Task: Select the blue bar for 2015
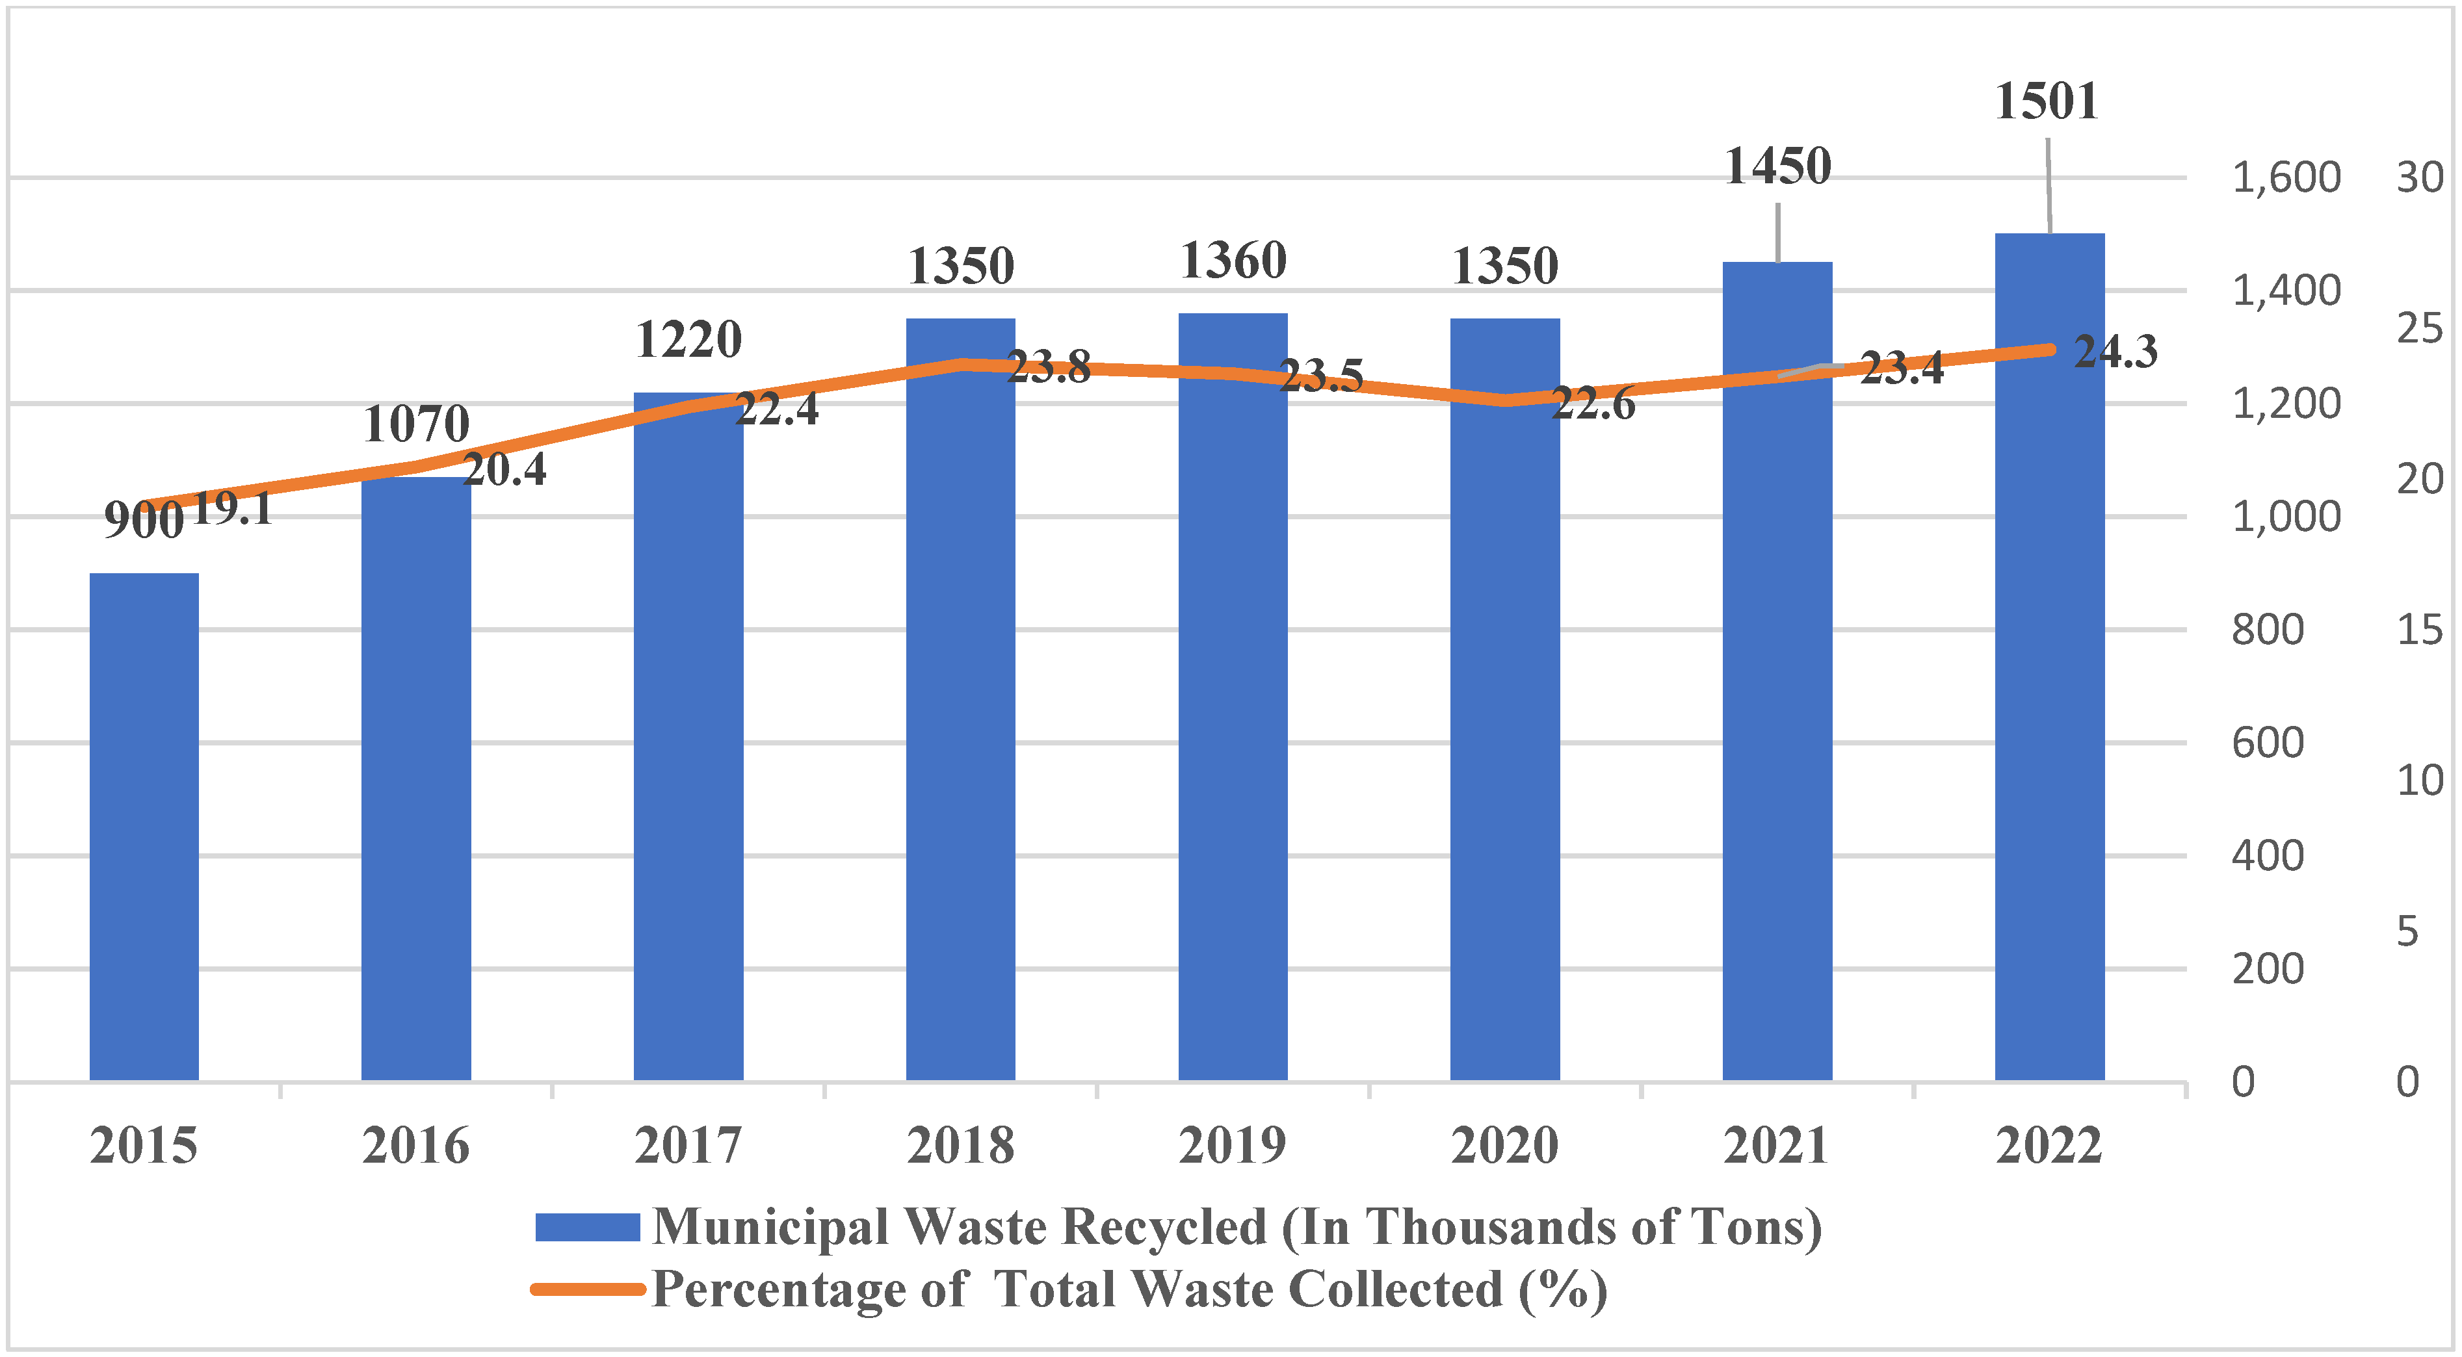point(144,827)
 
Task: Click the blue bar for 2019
point(1232,697)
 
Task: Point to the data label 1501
point(2047,101)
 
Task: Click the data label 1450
point(1777,167)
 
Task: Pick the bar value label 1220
point(688,340)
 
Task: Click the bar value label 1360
point(1233,261)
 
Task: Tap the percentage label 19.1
point(232,508)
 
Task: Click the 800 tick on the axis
point(2267,630)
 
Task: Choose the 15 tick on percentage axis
point(2419,630)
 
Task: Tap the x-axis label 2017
point(688,1146)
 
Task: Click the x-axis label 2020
point(1504,1146)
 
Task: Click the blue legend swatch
point(587,1227)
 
